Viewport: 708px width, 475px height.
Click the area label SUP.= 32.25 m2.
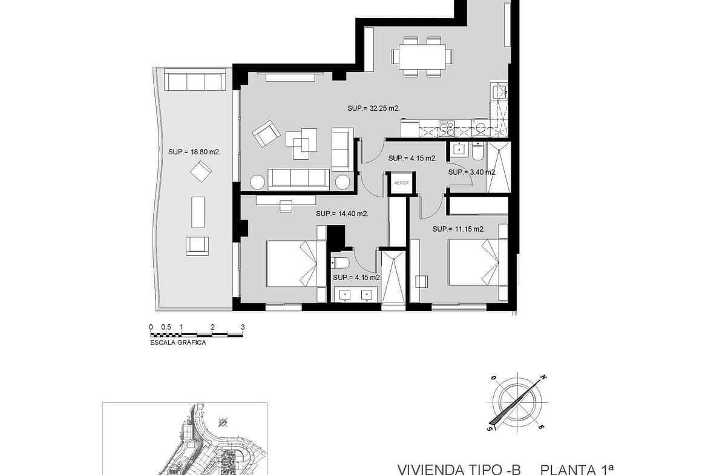coord(373,108)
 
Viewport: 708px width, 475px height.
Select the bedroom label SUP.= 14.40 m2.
coord(342,214)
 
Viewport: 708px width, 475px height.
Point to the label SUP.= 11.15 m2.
coord(458,229)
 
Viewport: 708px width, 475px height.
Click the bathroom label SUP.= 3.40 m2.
coord(472,172)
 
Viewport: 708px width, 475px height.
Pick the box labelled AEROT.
coord(401,183)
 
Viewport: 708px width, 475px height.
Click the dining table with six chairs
coord(422,56)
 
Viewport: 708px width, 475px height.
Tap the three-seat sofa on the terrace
coord(195,80)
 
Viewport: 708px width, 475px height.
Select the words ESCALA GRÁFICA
coord(178,342)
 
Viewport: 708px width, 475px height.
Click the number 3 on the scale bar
coord(243,327)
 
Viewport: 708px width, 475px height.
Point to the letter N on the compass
coord(544,378)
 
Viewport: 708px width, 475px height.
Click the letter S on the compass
coord(489,428)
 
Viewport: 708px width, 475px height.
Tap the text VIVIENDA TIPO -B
coord(459,469)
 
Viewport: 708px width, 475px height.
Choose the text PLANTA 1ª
coord(577,469)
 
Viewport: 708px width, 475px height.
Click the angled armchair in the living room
coord(266,133)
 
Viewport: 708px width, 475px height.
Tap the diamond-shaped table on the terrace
coord(201,172)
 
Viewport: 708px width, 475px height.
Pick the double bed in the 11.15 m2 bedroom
coord(474,263)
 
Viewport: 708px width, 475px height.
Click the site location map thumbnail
coord(185,439)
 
